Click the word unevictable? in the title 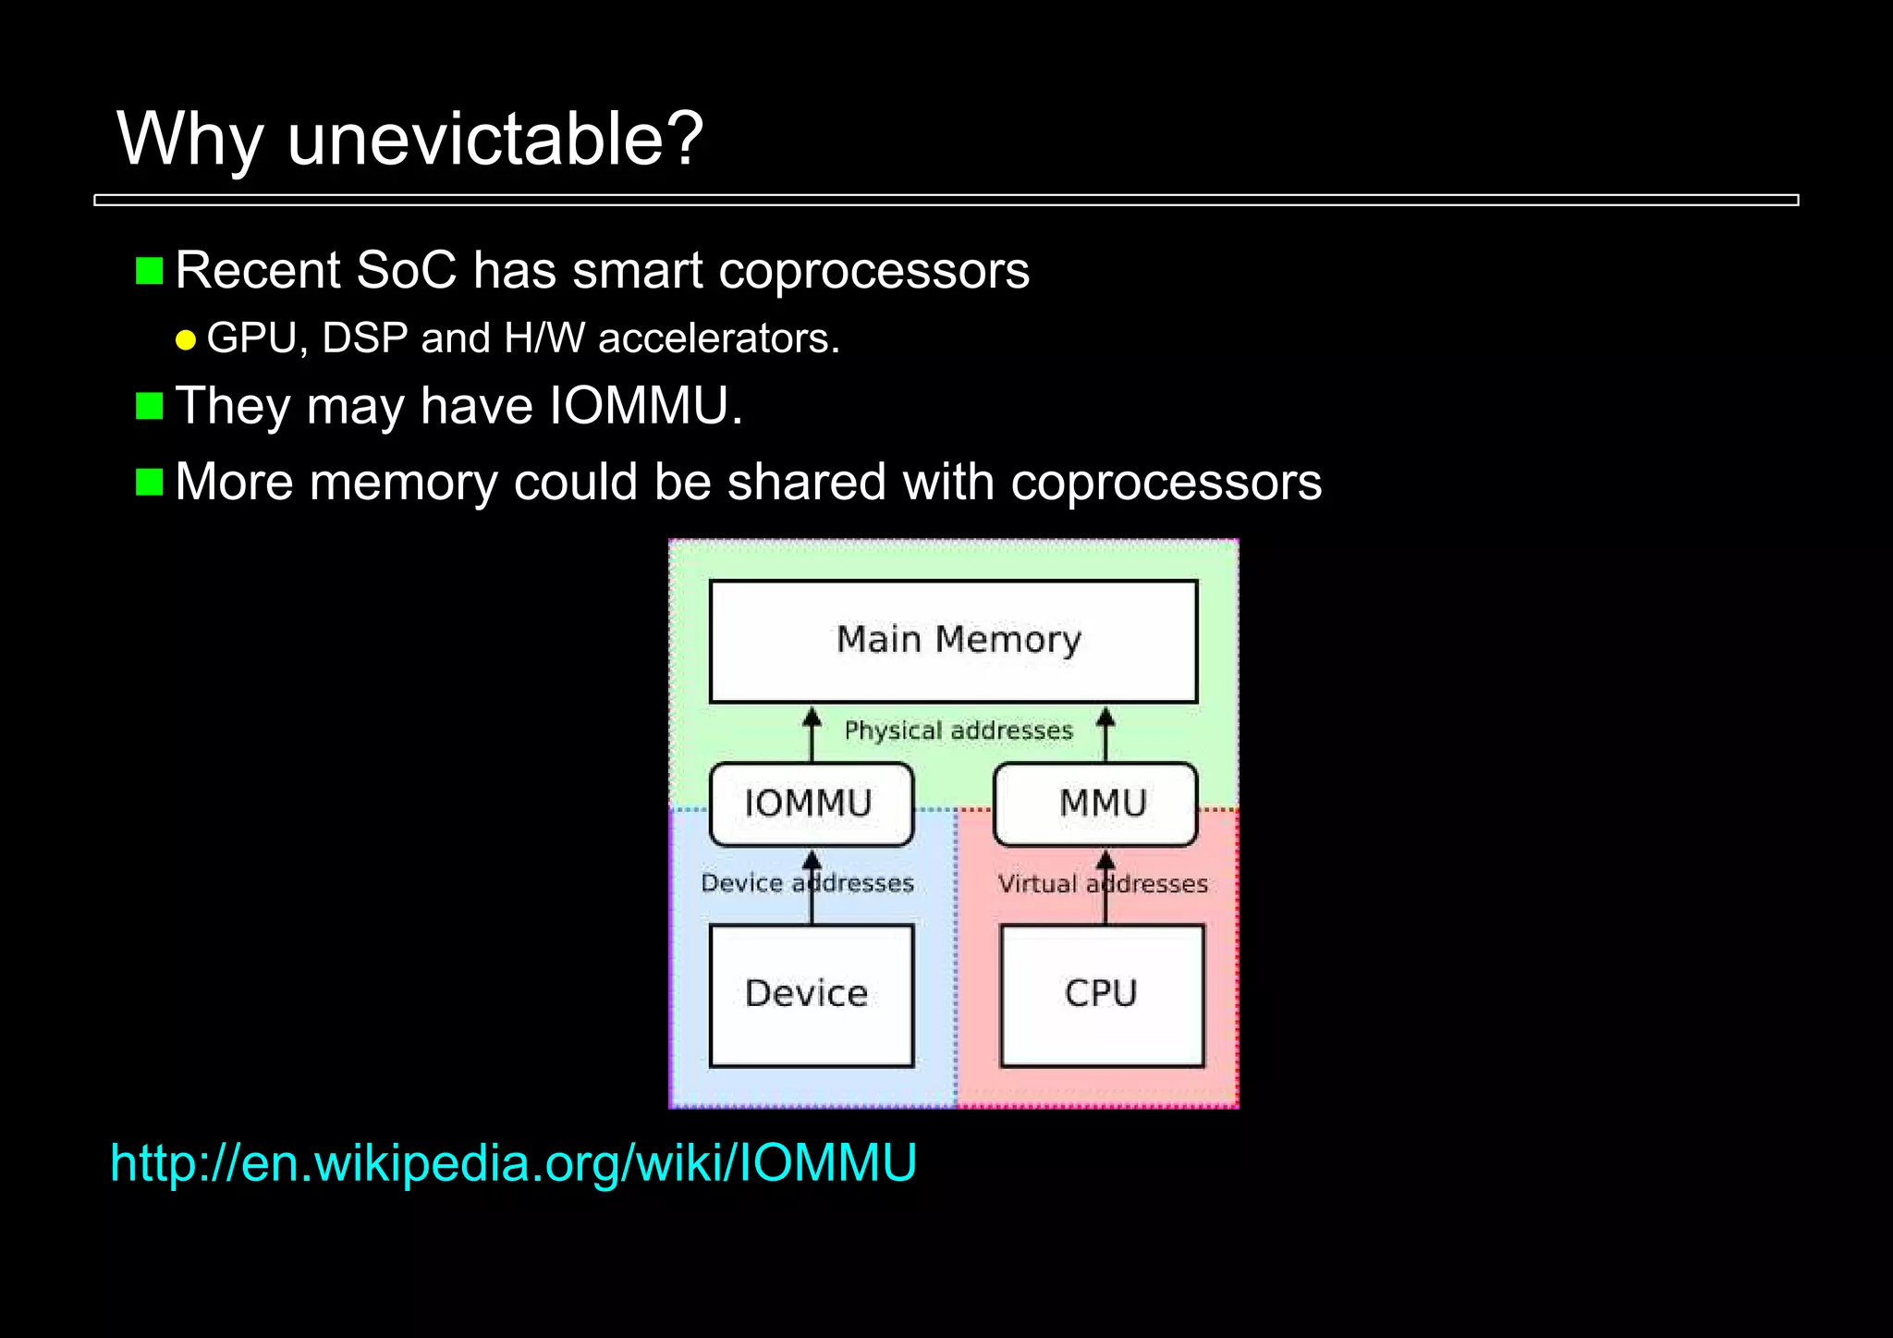click(495, 139)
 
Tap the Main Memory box click(953, 641)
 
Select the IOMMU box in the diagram click(811, 804)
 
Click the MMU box click(1096, 804)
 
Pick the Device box click(811, 995)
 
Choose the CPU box click(1102, 995)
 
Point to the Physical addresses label click(959, 730)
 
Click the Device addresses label click(807, 883)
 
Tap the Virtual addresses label click(1103, 884)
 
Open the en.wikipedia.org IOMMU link click(513, 1162)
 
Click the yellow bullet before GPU click(186, 340)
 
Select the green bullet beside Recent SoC click(150, 271)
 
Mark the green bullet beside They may click(150, 406)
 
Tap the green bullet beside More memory click(150, 482)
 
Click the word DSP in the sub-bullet click(365, 338)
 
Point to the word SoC click(406, 271)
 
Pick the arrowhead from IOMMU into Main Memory click(812, 717)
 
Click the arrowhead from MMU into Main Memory click(1105, 717)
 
